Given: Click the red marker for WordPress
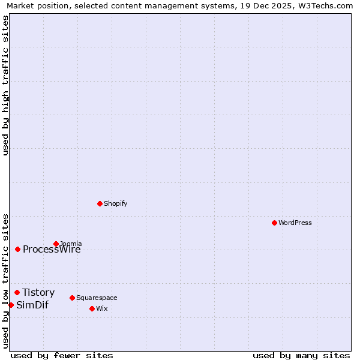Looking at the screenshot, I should [x=274, y=223].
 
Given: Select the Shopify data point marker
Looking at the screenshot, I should [x=100, y=203].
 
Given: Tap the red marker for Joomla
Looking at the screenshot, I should [x=56, y=244].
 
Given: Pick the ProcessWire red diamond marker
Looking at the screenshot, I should [x=17, y=249].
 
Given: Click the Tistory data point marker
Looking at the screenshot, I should [x=17, y=292].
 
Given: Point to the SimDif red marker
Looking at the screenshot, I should [x=11, y=305].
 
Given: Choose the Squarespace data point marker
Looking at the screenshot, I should [x=72, y=298].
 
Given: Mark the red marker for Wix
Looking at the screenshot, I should [x=92, y=308].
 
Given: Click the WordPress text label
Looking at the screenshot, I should [x=295, y=223].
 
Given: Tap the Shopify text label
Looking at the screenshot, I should [x=116, y=203].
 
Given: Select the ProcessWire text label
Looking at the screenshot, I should [x=52, y=250].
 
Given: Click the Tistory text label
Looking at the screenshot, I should [x=38, y=292].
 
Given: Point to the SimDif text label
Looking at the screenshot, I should [x=32, y=305].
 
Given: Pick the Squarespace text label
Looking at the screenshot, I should [x=97, y=298].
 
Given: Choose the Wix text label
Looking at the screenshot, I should [x=101, y=308].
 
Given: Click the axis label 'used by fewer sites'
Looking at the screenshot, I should [x=62, y=355].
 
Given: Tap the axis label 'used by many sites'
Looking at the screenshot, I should [x=301, y=355].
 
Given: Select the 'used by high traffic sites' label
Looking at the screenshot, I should [x=5, y=85].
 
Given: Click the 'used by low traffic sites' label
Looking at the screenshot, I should [x=5, y=280].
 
